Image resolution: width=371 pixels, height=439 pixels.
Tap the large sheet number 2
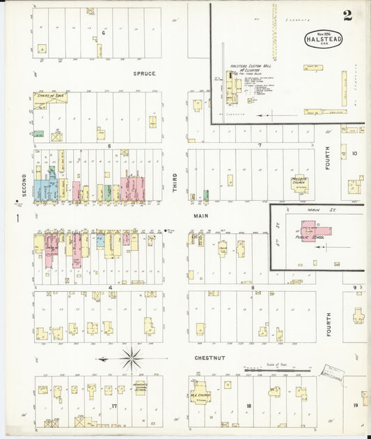(x=347, y=16)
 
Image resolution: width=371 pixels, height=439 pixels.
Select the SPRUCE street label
(x=145, y=73)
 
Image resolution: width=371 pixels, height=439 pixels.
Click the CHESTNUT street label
(x=210, y=358)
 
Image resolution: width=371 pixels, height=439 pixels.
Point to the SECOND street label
(x=24, y=185)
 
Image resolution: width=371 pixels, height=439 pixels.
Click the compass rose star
(x=131, y=359)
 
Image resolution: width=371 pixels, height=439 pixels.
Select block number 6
(x=103, y=33)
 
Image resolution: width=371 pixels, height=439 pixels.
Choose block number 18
(x=248, y=406)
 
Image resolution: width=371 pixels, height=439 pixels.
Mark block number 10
(x=354, y=153)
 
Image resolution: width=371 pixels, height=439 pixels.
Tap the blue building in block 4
(x=101, y=241)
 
